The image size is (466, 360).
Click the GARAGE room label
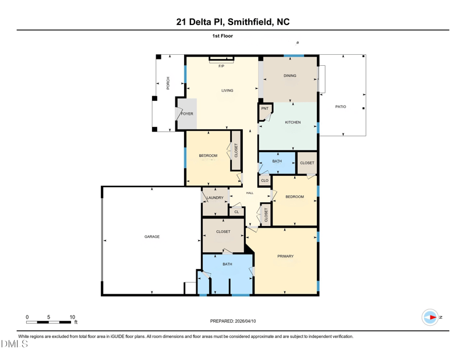click(x=152, y=237)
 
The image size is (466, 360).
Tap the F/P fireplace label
click(x=221, y=66)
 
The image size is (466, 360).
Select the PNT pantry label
click(x=265, y=108)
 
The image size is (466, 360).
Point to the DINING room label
click(x=290, y=76)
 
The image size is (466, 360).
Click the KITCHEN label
click(x=293, y=122)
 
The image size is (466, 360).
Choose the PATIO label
click(x=341, y=107)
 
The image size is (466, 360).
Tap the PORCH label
click(x=168, y=83)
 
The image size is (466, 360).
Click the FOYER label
click(x=187, y=114)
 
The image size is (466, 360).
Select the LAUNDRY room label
click(x=215, y=197)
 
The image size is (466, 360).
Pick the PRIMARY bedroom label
click(x=285, y=256)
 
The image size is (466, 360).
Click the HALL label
click(x=250, y=193)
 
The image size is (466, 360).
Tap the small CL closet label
click(x=236, y=212)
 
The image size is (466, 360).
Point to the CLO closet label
click(x=264, y=181)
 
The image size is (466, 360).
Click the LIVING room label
click(x=227, y=90)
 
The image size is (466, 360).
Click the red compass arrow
click(x=433, y=317)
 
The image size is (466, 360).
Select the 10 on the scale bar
click(x=72, y=317)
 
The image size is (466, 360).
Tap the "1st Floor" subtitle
click(x=223, y=36)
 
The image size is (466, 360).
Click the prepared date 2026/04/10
click(x=245, y=321)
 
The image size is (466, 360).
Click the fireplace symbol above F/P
click(x=221, y=59)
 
